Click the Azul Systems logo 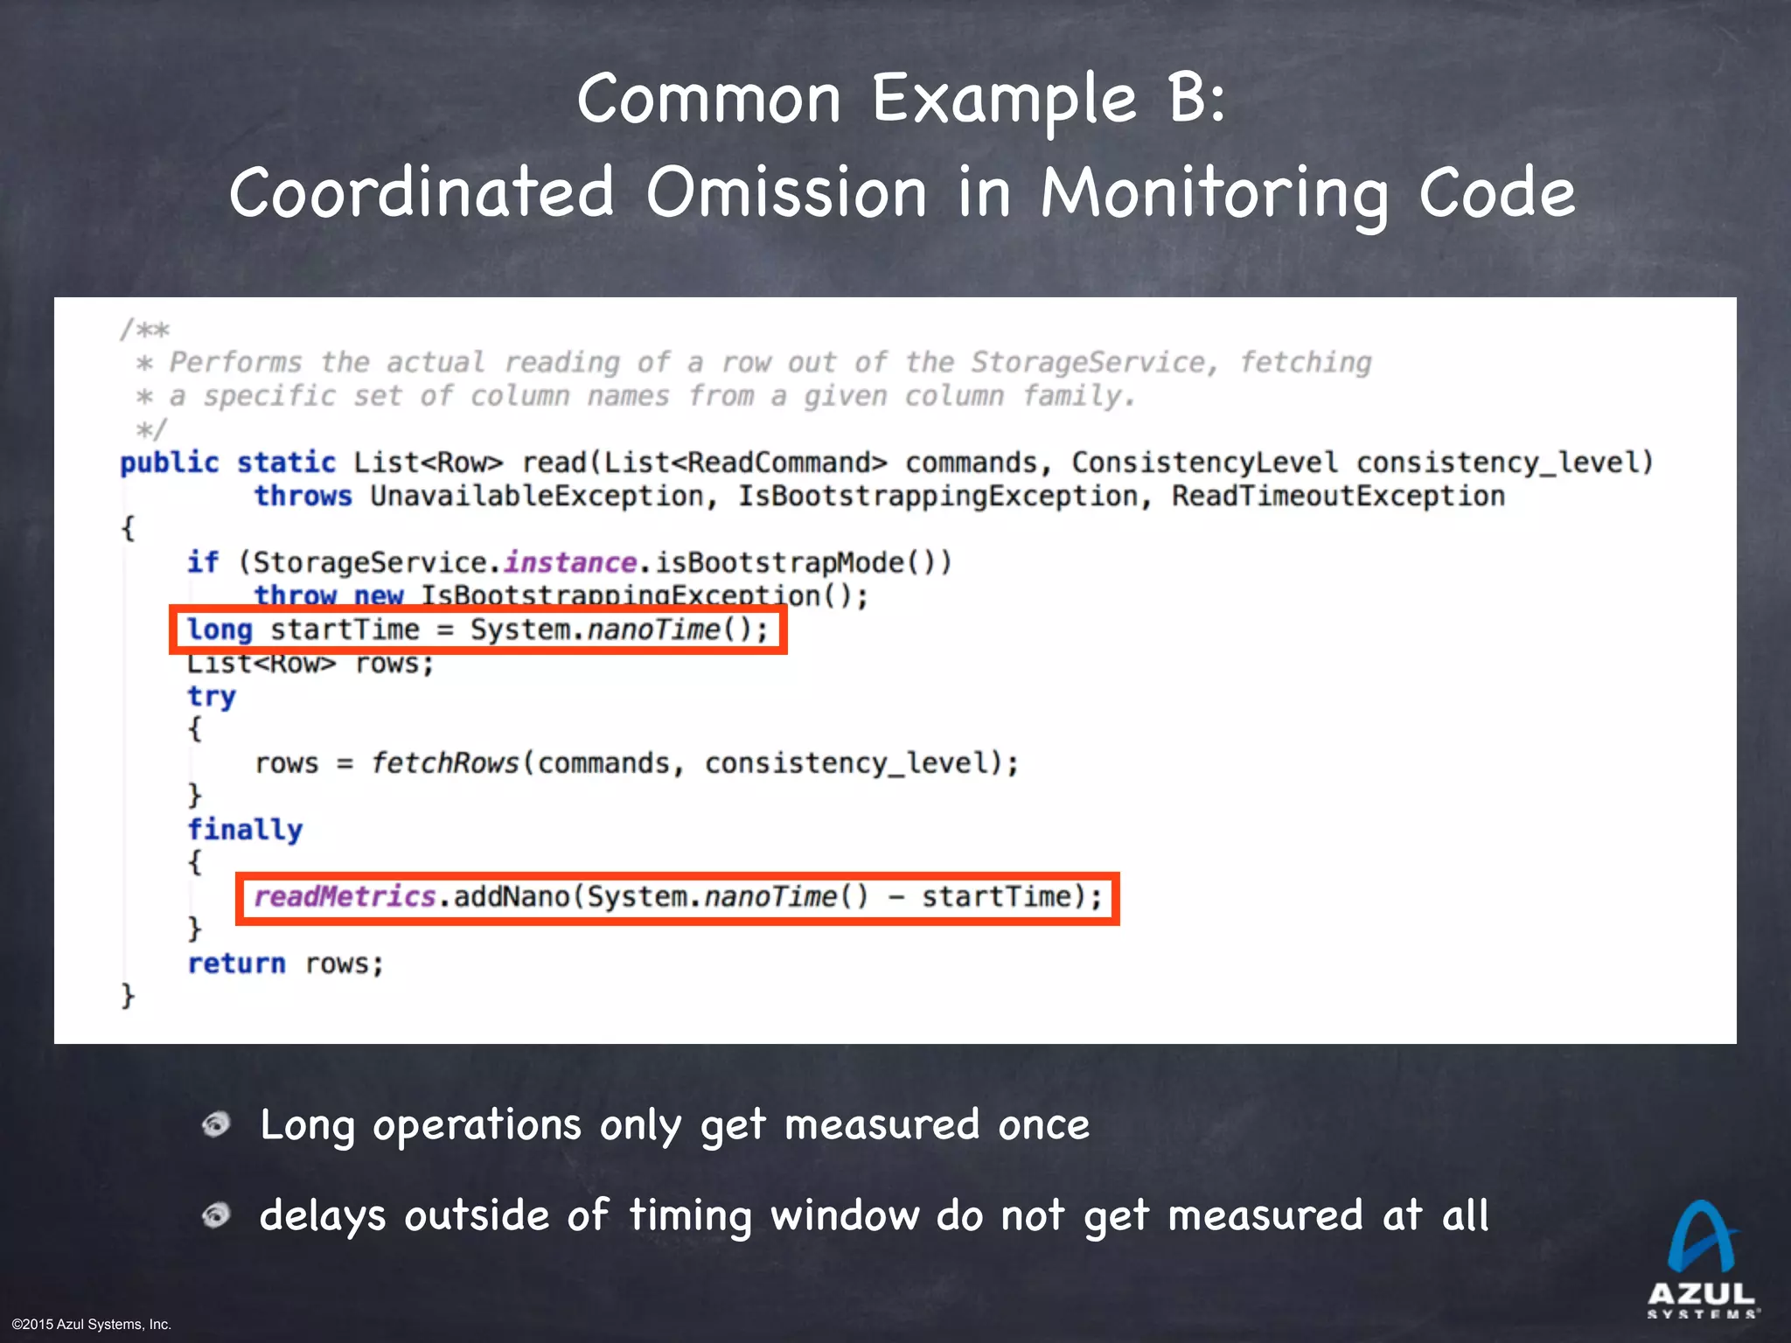point(1701,1259)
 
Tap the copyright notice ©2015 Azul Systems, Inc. point(92,1325)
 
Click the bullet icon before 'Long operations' point(216,1124)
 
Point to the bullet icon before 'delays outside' point(216,1214)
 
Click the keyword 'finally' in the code point(245,829)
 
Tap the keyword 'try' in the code point(212,696)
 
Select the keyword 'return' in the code point(236,963)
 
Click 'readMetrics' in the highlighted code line point(345,896)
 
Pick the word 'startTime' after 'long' point(345,630)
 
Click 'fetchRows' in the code point(445,762)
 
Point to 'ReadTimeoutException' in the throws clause point(1338,496)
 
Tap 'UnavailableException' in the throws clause point(537,496)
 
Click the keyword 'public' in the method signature point(170,463)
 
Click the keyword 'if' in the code point(203,562)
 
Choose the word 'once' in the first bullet point(1044,1124)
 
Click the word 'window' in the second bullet point(845,1215)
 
